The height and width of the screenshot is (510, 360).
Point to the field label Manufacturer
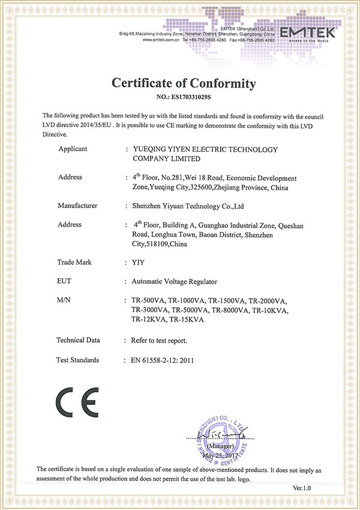coord(77,206)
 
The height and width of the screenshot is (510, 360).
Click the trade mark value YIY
coord(138,262)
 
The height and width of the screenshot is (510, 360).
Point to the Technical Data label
coord(78,340)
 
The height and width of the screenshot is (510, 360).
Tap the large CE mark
coord(76,404)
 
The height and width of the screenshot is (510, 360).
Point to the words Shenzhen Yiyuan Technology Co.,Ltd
coord(187,206)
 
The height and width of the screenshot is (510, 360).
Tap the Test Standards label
coord(78,360)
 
